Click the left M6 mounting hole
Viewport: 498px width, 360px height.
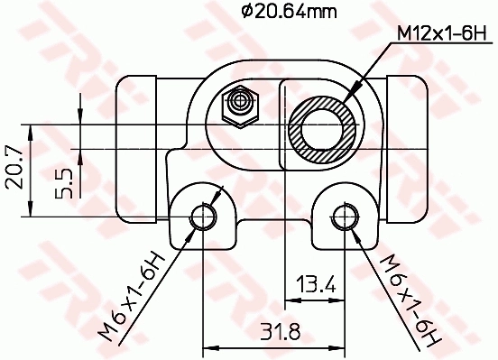click(203, 217)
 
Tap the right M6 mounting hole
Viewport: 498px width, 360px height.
click(344, 217)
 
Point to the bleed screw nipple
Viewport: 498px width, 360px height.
click(239, 106)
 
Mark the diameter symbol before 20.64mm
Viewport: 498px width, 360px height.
click(245, 12)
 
